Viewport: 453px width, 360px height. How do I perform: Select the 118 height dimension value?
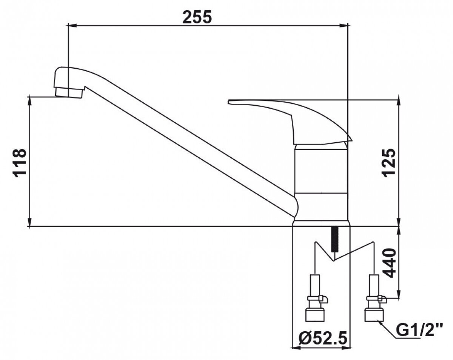(x=20, y=162)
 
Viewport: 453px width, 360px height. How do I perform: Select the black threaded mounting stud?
(x=334, y=239)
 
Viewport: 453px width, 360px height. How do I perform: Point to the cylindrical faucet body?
(x=321, y=181)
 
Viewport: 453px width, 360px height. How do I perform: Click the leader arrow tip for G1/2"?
(x=381, y=322)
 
